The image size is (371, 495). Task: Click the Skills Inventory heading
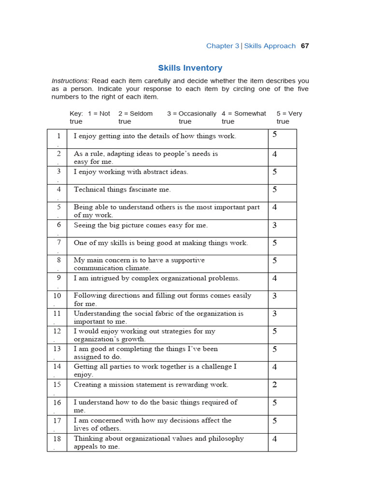190,68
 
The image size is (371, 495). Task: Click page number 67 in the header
304,46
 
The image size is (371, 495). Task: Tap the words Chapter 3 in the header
222,46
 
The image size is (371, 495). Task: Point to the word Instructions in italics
70,81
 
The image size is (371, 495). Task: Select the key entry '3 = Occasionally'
192,114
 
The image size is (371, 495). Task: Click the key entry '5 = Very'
289,114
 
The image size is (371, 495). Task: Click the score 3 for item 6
274,225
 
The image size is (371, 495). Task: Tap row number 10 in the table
57,295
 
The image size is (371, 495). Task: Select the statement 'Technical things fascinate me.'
122,189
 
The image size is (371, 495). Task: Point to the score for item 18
274,439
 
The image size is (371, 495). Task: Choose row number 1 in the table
58,136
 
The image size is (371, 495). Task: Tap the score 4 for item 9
274,278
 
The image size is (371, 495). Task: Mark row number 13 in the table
57,349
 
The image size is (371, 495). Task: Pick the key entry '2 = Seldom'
135,114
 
